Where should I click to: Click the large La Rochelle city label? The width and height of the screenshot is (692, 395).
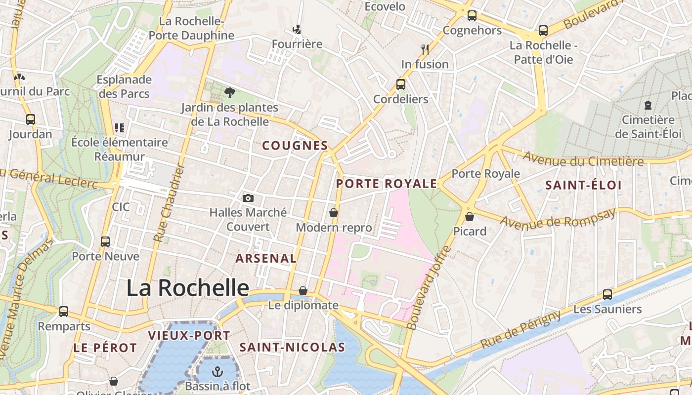[188, 288]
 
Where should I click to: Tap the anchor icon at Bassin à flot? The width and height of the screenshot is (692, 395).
[217, 371]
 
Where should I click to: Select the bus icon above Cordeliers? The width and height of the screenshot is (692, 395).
[401, 84]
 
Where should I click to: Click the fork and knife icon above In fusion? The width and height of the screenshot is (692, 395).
[425, 49]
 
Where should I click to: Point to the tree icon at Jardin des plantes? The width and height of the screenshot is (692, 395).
[229, 92]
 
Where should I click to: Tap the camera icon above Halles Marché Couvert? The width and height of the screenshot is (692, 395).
[248, 198]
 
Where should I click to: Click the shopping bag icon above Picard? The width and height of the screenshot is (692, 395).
[470, 217]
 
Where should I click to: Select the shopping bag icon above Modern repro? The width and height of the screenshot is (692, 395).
[334, 213]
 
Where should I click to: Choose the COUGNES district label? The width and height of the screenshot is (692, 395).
[295, 146]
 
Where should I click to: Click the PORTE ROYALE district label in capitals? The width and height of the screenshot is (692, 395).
[387, 184]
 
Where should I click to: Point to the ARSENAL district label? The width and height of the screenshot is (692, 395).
[266, 258]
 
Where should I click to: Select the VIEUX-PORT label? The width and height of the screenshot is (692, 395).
[189, 336]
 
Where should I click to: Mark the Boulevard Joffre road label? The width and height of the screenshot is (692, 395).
[428, 287]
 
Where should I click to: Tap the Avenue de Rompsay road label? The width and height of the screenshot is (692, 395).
[559, 218]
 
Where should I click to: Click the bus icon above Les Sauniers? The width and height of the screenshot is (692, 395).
[607, 295]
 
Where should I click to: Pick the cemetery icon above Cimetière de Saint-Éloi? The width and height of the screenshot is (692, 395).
[648, 105]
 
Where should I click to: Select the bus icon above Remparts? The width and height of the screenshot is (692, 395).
[64, 312]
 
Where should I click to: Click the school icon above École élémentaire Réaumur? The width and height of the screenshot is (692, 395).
[119, 128]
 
